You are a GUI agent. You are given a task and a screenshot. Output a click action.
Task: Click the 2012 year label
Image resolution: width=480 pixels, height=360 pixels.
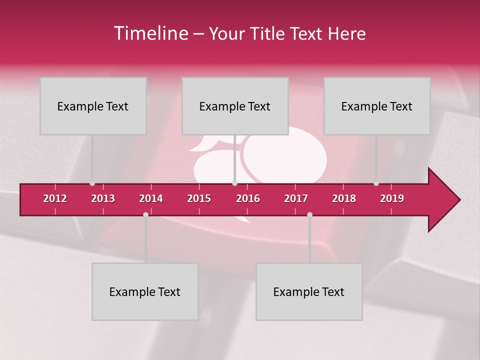pos(55,198)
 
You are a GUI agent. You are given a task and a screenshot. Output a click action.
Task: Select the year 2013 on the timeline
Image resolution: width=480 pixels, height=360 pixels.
pos(103,198)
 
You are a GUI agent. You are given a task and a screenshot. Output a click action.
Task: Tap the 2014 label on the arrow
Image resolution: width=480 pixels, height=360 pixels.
pos(151,198)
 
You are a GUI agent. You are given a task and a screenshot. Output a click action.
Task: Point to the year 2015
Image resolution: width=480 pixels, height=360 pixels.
pos(199,198)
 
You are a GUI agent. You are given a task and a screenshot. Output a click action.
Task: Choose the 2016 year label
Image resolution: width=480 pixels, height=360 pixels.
pos(248,198)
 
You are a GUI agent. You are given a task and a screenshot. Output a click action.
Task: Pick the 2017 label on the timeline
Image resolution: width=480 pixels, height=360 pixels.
pos(296,198)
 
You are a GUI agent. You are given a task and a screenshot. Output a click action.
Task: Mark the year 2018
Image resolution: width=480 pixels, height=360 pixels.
pos(344,198)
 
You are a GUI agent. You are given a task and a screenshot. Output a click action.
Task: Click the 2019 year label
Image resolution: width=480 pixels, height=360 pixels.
pos(392,198)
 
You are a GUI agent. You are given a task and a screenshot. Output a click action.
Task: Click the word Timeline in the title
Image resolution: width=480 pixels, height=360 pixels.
pos(150,33)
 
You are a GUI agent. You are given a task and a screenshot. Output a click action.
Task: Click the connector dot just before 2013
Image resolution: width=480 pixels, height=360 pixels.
pos(92,183)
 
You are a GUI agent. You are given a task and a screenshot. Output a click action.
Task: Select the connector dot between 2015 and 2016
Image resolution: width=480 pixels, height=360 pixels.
pos(234,183)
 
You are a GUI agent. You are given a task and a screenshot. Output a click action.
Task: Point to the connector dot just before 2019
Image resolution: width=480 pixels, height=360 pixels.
pos(376,183)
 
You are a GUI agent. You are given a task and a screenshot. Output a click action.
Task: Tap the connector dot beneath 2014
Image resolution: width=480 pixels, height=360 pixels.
pos(145,214)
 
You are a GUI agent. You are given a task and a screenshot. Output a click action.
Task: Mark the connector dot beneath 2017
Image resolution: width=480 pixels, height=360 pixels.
pos(309,214)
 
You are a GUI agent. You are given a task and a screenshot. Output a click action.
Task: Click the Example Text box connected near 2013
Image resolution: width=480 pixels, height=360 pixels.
pos(93,106)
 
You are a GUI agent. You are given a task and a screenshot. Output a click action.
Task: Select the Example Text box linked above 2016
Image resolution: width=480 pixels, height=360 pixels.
pos(235,106)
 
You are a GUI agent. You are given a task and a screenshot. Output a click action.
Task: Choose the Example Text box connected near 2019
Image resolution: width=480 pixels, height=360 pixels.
pos(377,106)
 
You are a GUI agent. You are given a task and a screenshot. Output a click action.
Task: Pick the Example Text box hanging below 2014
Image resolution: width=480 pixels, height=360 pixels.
pos(145,291)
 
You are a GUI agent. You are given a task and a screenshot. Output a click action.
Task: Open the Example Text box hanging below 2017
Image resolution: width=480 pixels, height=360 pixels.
pos(309,291)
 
